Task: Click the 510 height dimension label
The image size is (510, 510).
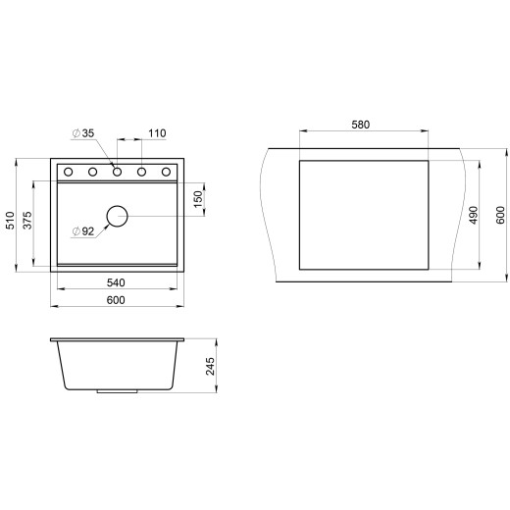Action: coord(11,222)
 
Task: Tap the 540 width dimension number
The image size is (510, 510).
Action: coord(116,282)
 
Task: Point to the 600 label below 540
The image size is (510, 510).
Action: coord(116,300)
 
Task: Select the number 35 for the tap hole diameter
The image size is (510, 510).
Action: coord(87,132)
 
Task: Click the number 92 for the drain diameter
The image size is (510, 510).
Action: coord(87,231)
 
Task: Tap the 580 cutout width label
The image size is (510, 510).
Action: coord(362,125)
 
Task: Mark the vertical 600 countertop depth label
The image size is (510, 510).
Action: coord(499,216)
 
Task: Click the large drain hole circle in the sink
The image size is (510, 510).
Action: coord(117,216)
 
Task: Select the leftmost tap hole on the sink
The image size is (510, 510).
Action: coord(69,173)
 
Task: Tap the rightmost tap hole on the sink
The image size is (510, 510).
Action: coord(165,173)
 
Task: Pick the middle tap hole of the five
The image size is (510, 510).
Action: coord(117,173)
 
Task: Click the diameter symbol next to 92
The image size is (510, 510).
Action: coord(75,231)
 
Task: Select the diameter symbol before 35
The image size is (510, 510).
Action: coord(75,132)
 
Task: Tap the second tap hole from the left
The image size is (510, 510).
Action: coord(92,173)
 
